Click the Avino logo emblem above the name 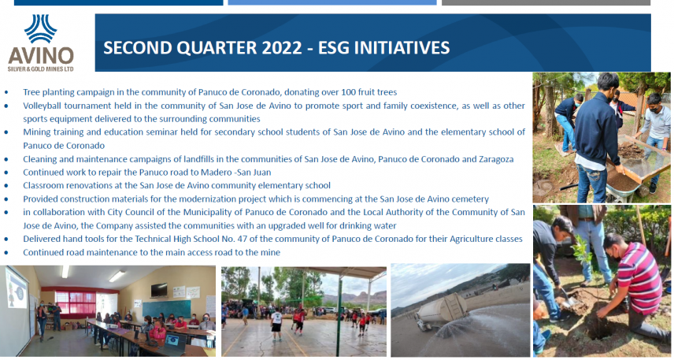[x=41, y=29]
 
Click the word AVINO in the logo [x=41, y=56]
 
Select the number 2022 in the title [x=280, y=48]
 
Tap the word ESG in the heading [x=334, y=48]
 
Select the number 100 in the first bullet [x=348, y=92]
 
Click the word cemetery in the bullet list [x=471, y=199]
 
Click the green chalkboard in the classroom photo [x=166, y=308]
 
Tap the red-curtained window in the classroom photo [x=75, y=302]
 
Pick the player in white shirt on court [x=276, y=324]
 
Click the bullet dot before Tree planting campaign [x=6, y=92]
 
